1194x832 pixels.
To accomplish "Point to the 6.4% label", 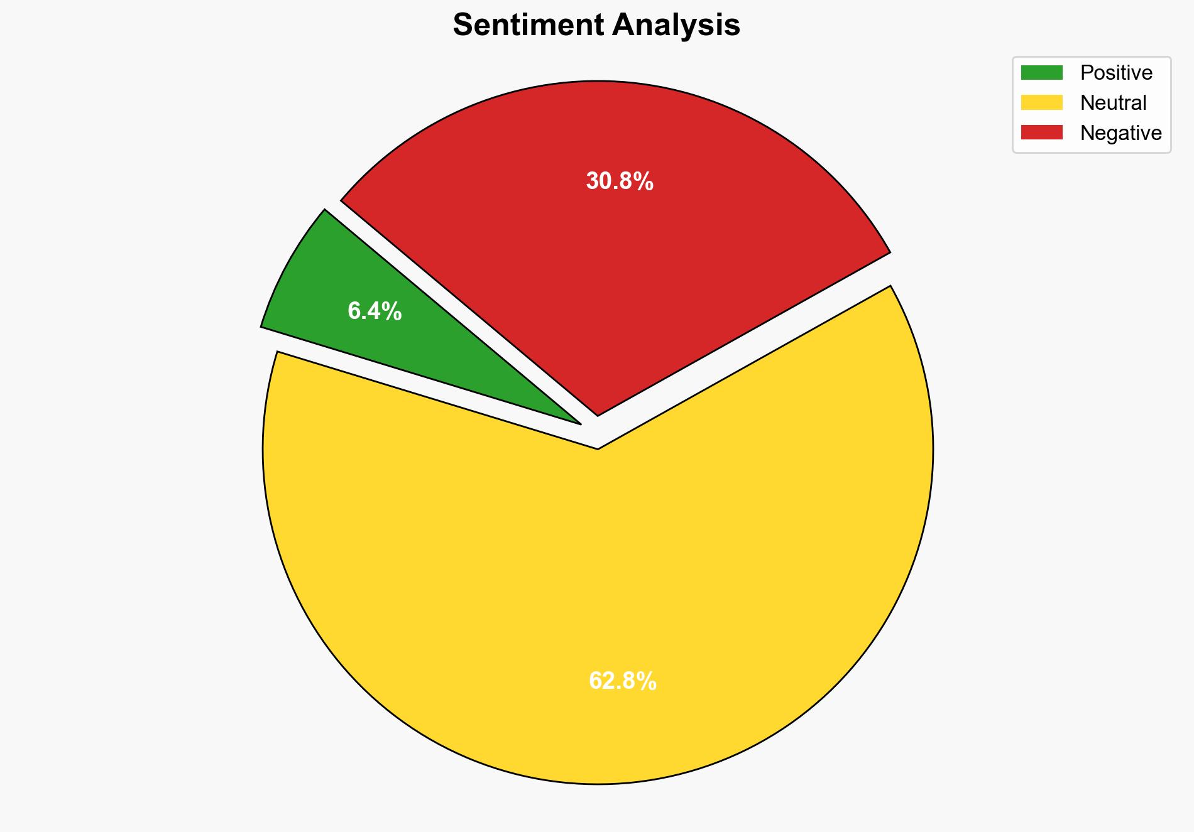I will pyautogui.click(x=375, y=311).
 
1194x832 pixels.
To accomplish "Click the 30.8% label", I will pyautogui.click(x=620, y=181).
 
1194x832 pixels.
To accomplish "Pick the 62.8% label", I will pyautogui.click(x=622, y=681).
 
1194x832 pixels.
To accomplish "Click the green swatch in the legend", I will pyautogui.click(x=1041, y=73).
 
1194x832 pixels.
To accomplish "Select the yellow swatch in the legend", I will pyautogui.click(x=1041, y=102).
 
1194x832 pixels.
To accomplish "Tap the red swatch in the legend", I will pyautogui.click(x=1041, y=132).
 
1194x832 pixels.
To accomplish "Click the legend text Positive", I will pyautogui.click(x=1116, y=73).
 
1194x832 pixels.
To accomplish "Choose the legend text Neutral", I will pyautogui.click(x=1113, y=103).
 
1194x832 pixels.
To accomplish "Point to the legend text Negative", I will pyautogui.click(x=1120, y=133).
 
